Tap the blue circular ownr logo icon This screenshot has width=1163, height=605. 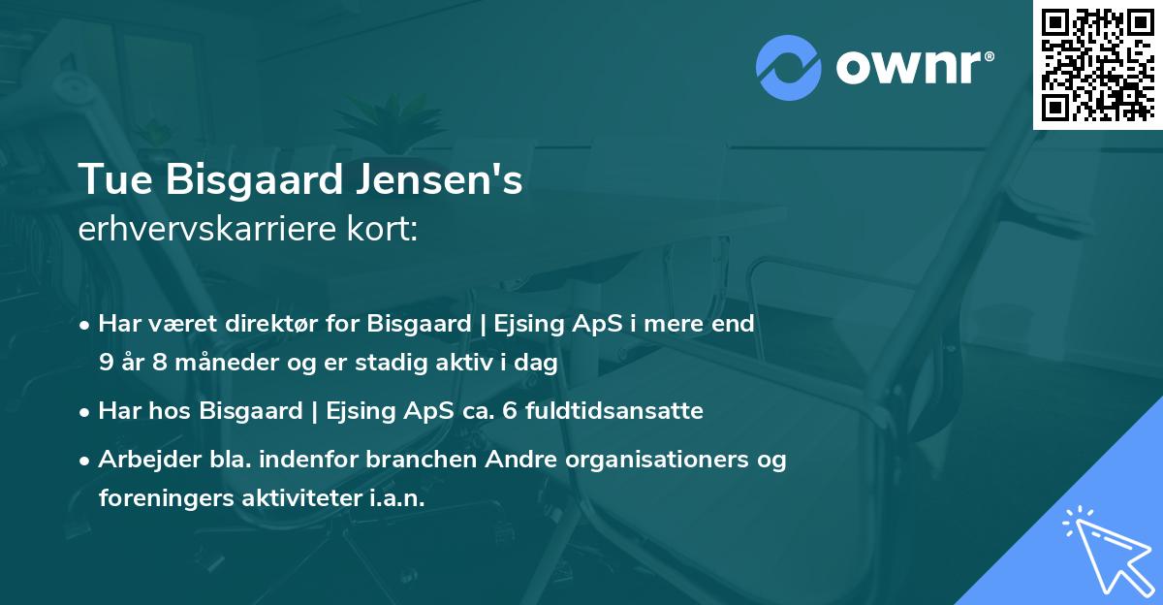[789, 68]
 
